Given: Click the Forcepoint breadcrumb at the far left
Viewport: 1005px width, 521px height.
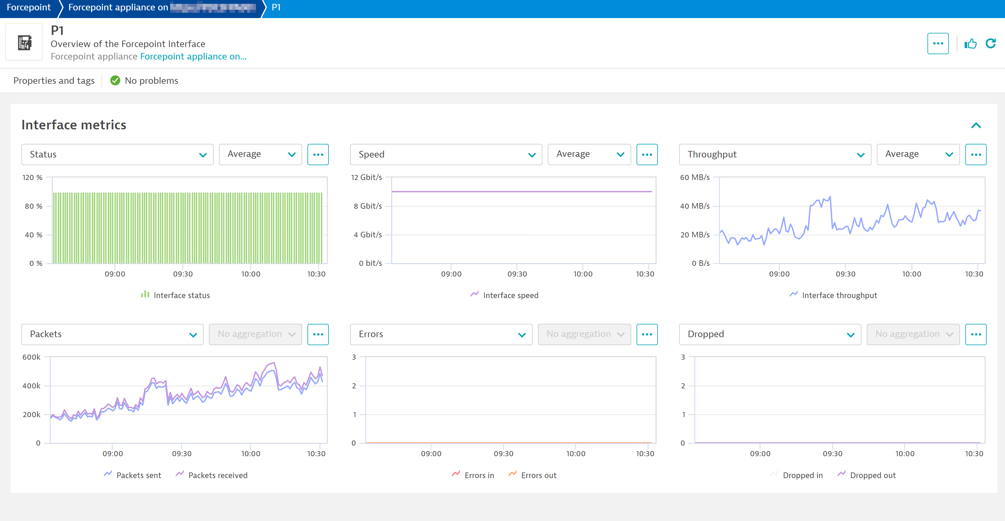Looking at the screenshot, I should (x=28, y=7).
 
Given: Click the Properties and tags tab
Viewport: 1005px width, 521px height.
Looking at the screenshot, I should (x=54, y=81).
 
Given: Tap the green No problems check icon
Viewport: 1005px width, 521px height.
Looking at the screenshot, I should (x=115, y=81).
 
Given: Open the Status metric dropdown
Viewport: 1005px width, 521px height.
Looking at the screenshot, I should (x=117, y=155).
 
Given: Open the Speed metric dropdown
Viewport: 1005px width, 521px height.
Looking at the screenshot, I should (x=446, y=155).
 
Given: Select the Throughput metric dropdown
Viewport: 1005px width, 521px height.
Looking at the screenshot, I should (x=774, y=155).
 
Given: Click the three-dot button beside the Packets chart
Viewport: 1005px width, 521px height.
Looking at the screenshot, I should (x=318, y=335).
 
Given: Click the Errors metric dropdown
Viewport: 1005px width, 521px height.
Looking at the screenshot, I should (x=441, y=335).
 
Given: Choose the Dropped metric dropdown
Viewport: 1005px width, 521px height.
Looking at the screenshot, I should (x=769, y=335).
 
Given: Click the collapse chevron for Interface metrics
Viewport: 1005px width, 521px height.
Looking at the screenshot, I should (x=976, y=125).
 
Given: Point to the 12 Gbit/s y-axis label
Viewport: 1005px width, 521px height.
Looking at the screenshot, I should (x=366, y=178).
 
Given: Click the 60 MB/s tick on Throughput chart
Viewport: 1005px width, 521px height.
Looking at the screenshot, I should (x=695, y=178).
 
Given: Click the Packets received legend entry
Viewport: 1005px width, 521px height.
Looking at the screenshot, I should (x=217, y=475).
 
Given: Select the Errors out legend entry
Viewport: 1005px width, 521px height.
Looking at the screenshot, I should (x=538, y=475).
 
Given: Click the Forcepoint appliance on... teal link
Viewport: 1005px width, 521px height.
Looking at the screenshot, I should (x=193, y=57).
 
